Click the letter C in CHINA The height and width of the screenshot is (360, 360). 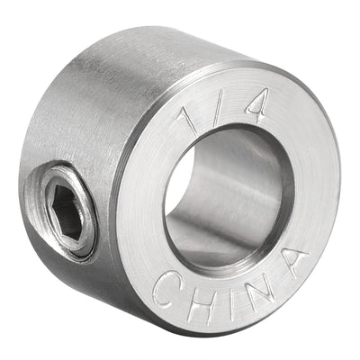[x=166, y=288]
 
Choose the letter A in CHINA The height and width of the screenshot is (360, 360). [x=288, y=264]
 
